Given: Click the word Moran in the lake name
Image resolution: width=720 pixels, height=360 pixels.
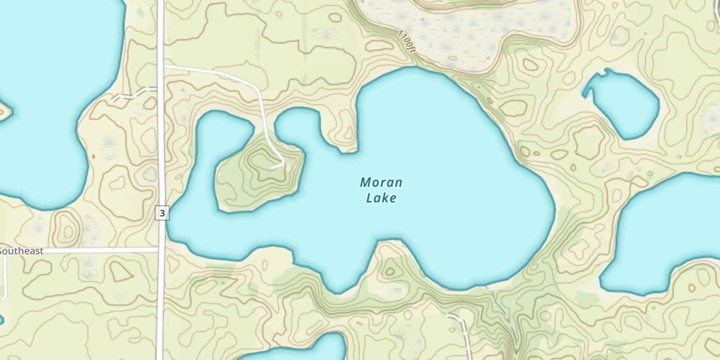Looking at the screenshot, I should click(x=381, y=182).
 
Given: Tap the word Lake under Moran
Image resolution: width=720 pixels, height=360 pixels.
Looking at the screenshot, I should click(x=381, y=198).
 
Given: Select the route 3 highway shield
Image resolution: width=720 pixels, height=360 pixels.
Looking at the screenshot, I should click(x=162, y=213).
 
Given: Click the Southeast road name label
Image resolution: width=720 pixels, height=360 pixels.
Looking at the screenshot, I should click(x=22, y=251).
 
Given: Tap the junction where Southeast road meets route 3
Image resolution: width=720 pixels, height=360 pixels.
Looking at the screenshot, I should click(x=161, y=250).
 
